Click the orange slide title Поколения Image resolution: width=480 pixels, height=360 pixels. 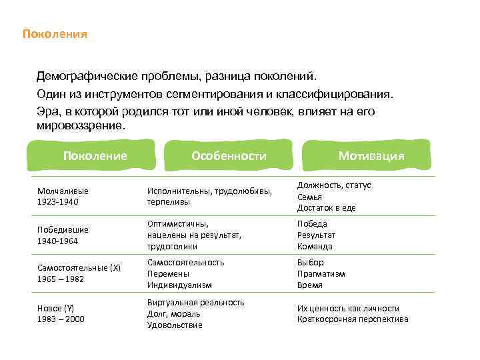point(55,33)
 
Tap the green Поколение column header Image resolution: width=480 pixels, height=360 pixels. point(95,155)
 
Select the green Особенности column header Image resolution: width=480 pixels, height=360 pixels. point(229,155)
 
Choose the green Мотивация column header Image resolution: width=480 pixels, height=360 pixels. point(371,155)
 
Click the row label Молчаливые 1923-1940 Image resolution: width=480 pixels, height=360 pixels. point(63,196)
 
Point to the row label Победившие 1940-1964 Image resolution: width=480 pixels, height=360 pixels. point(63,235)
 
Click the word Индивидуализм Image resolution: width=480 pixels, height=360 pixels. point(179,285)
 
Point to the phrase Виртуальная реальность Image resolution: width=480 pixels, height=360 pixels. point(195,302)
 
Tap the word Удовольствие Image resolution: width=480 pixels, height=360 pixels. point(175,325)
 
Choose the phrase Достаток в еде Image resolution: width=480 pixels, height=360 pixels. point(326,207)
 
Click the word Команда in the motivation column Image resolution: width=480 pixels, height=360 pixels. point(315,246)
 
